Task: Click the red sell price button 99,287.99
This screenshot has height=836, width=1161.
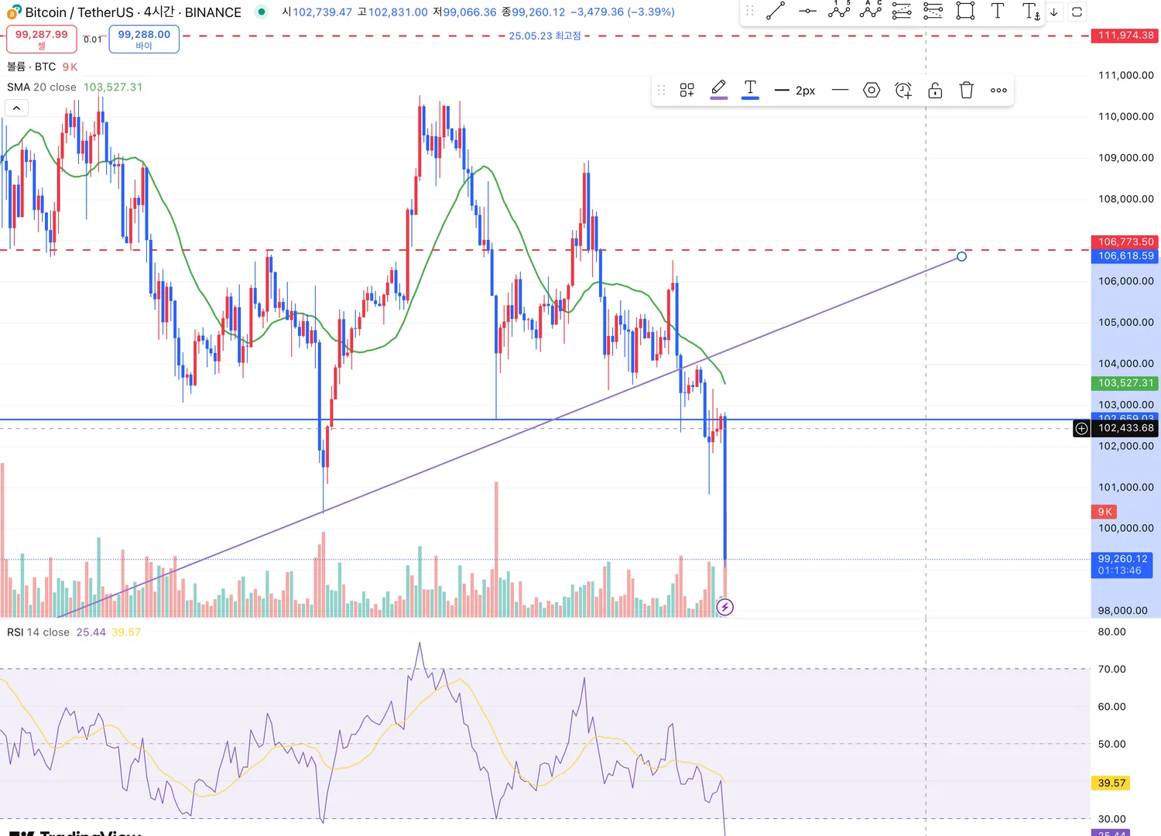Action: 42,38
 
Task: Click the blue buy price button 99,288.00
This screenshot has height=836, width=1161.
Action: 144,39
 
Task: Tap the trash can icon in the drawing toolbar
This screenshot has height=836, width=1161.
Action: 967,91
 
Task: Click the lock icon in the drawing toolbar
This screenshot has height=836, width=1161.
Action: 935,91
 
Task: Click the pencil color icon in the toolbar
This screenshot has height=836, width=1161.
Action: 718,89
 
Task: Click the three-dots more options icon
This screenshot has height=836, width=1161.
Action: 998,91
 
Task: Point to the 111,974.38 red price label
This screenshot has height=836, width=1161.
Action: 1125,36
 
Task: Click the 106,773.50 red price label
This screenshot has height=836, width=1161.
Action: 1125,242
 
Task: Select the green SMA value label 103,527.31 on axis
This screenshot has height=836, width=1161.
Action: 1125,383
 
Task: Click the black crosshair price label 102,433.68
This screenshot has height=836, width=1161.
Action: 1125,428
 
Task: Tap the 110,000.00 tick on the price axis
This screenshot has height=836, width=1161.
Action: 1125,117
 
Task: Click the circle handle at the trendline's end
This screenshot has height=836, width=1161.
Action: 961,256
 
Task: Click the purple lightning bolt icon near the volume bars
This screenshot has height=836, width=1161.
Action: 724,607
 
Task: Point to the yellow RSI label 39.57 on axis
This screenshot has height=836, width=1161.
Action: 1111,783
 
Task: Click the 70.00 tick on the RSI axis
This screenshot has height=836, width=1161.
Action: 1111,670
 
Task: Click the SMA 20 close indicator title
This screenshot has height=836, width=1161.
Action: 42,87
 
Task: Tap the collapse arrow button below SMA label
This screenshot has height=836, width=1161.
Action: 16,108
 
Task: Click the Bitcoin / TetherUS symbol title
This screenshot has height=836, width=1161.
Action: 79,12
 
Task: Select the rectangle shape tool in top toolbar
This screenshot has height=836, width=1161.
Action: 965,11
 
